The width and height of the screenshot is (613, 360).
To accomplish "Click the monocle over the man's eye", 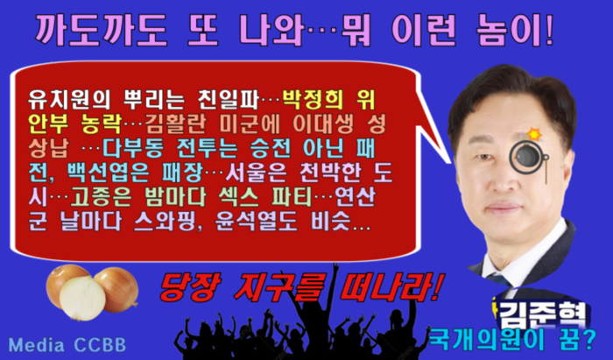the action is click(526, 157).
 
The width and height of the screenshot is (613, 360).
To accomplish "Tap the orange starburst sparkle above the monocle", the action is click(534, 134).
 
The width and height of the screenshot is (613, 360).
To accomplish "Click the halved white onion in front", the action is click(82, 298).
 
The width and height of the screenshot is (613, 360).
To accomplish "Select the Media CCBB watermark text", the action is click(67, 345).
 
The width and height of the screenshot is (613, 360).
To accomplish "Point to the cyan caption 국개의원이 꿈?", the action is click(512, 339).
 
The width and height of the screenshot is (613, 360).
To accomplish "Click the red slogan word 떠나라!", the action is click(391, 287).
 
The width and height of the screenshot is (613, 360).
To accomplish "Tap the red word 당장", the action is click(191, 287).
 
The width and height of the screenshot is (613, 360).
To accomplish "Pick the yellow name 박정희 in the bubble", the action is click(313, 100).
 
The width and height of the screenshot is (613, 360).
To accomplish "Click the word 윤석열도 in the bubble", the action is click(256, 222).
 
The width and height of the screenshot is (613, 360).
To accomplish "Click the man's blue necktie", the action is click(499, 280).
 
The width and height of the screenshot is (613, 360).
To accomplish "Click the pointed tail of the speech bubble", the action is click(449, 161).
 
